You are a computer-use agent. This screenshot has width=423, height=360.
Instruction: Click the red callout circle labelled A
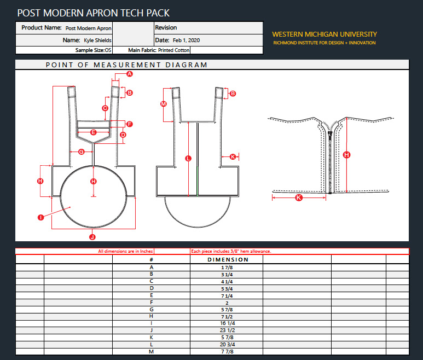point(130,74)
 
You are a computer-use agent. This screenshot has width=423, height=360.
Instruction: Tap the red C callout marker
point(105,108)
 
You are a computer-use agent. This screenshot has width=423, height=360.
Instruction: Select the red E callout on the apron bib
point(94,132)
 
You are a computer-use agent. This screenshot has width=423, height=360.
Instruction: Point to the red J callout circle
point(92,237)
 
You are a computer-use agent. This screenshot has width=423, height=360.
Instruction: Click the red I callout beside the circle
point(40,217)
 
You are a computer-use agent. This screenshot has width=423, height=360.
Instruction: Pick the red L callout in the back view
point(188,158)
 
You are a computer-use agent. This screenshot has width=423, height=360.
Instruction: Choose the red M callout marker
point(164,104)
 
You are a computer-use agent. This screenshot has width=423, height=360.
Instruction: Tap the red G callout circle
point(81,152)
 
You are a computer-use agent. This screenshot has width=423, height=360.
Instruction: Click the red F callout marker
point(130,124)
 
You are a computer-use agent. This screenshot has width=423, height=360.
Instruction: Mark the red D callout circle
point(123,135)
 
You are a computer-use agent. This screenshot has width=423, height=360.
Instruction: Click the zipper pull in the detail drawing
point(330,133)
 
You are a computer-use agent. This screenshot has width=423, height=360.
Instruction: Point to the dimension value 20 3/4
point(228,345)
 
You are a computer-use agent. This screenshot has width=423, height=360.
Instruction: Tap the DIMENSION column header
point(228,260)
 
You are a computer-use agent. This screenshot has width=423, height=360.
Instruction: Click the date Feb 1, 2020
point(187,40)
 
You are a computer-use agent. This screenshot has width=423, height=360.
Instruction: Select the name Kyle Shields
point(97,40)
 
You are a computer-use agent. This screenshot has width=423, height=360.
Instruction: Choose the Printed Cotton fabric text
point(173,50)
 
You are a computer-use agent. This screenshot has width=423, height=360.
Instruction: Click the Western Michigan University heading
point(325,34)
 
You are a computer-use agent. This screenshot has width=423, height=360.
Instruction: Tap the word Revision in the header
point(166,27)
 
